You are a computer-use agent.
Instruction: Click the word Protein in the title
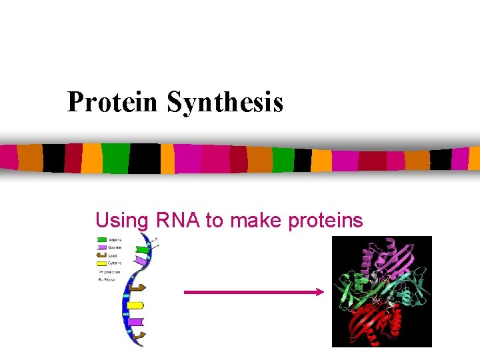tap(113, 102)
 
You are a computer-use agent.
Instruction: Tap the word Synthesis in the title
tap(225, 102)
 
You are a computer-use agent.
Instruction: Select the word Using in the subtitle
tap(121, 220)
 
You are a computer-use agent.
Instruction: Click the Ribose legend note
tap(109, 279)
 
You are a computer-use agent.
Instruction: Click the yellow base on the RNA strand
tap(135, 305)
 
